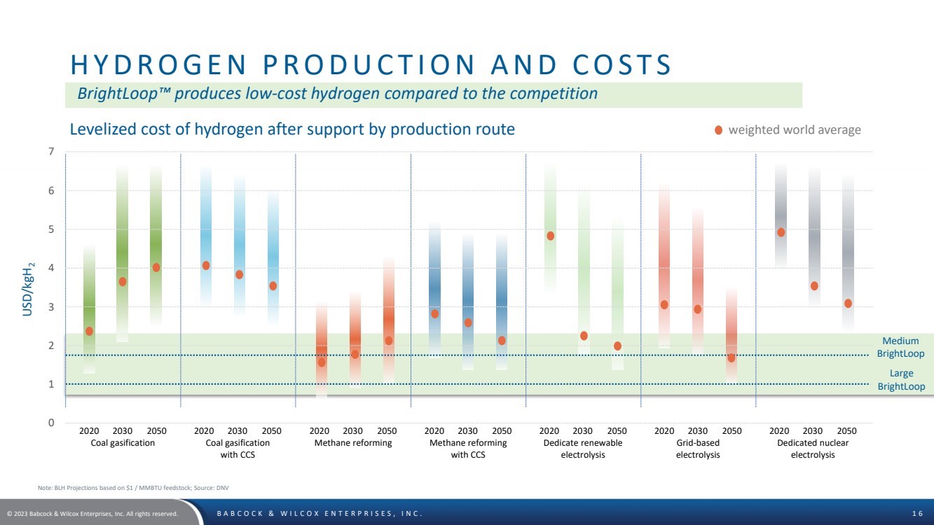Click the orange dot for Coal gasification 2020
[x=89, y=331]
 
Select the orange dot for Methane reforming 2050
[x=389, y=341]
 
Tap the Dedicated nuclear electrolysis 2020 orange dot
[x=781, y=233]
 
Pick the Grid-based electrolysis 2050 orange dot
[x=732, y=357]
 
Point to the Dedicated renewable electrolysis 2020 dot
[x=550, y=236]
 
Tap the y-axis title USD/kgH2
[x=28, y=288]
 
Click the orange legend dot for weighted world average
[x=718, y=130]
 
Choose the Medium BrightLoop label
[x=900, y=348]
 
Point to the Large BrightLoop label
[x=901, y=381]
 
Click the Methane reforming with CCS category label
[x=467, y=449]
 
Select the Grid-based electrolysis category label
[x=697, y=449]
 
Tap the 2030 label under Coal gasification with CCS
[x=238, y=431]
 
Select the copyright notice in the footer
[x=92, y=514]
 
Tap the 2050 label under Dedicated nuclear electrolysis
[x=846, y=431]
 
